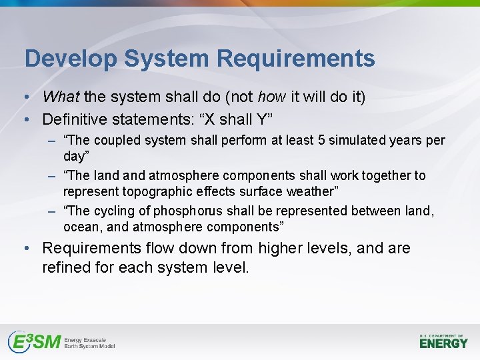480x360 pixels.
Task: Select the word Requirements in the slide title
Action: click(295, 59)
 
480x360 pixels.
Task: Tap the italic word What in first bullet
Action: click(61, 97)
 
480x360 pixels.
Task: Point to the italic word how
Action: click(272, 97)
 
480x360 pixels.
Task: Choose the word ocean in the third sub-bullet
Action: click(81, 227)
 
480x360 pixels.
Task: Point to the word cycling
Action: click(123, 211)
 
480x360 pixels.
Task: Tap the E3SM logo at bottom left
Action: click(61, 341)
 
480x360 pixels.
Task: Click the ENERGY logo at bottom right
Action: click(443, 341)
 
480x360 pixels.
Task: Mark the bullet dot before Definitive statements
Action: click(25, 120)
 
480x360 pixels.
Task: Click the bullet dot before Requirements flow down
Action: click(25, 249)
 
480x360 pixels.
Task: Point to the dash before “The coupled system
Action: click(51, 141)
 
